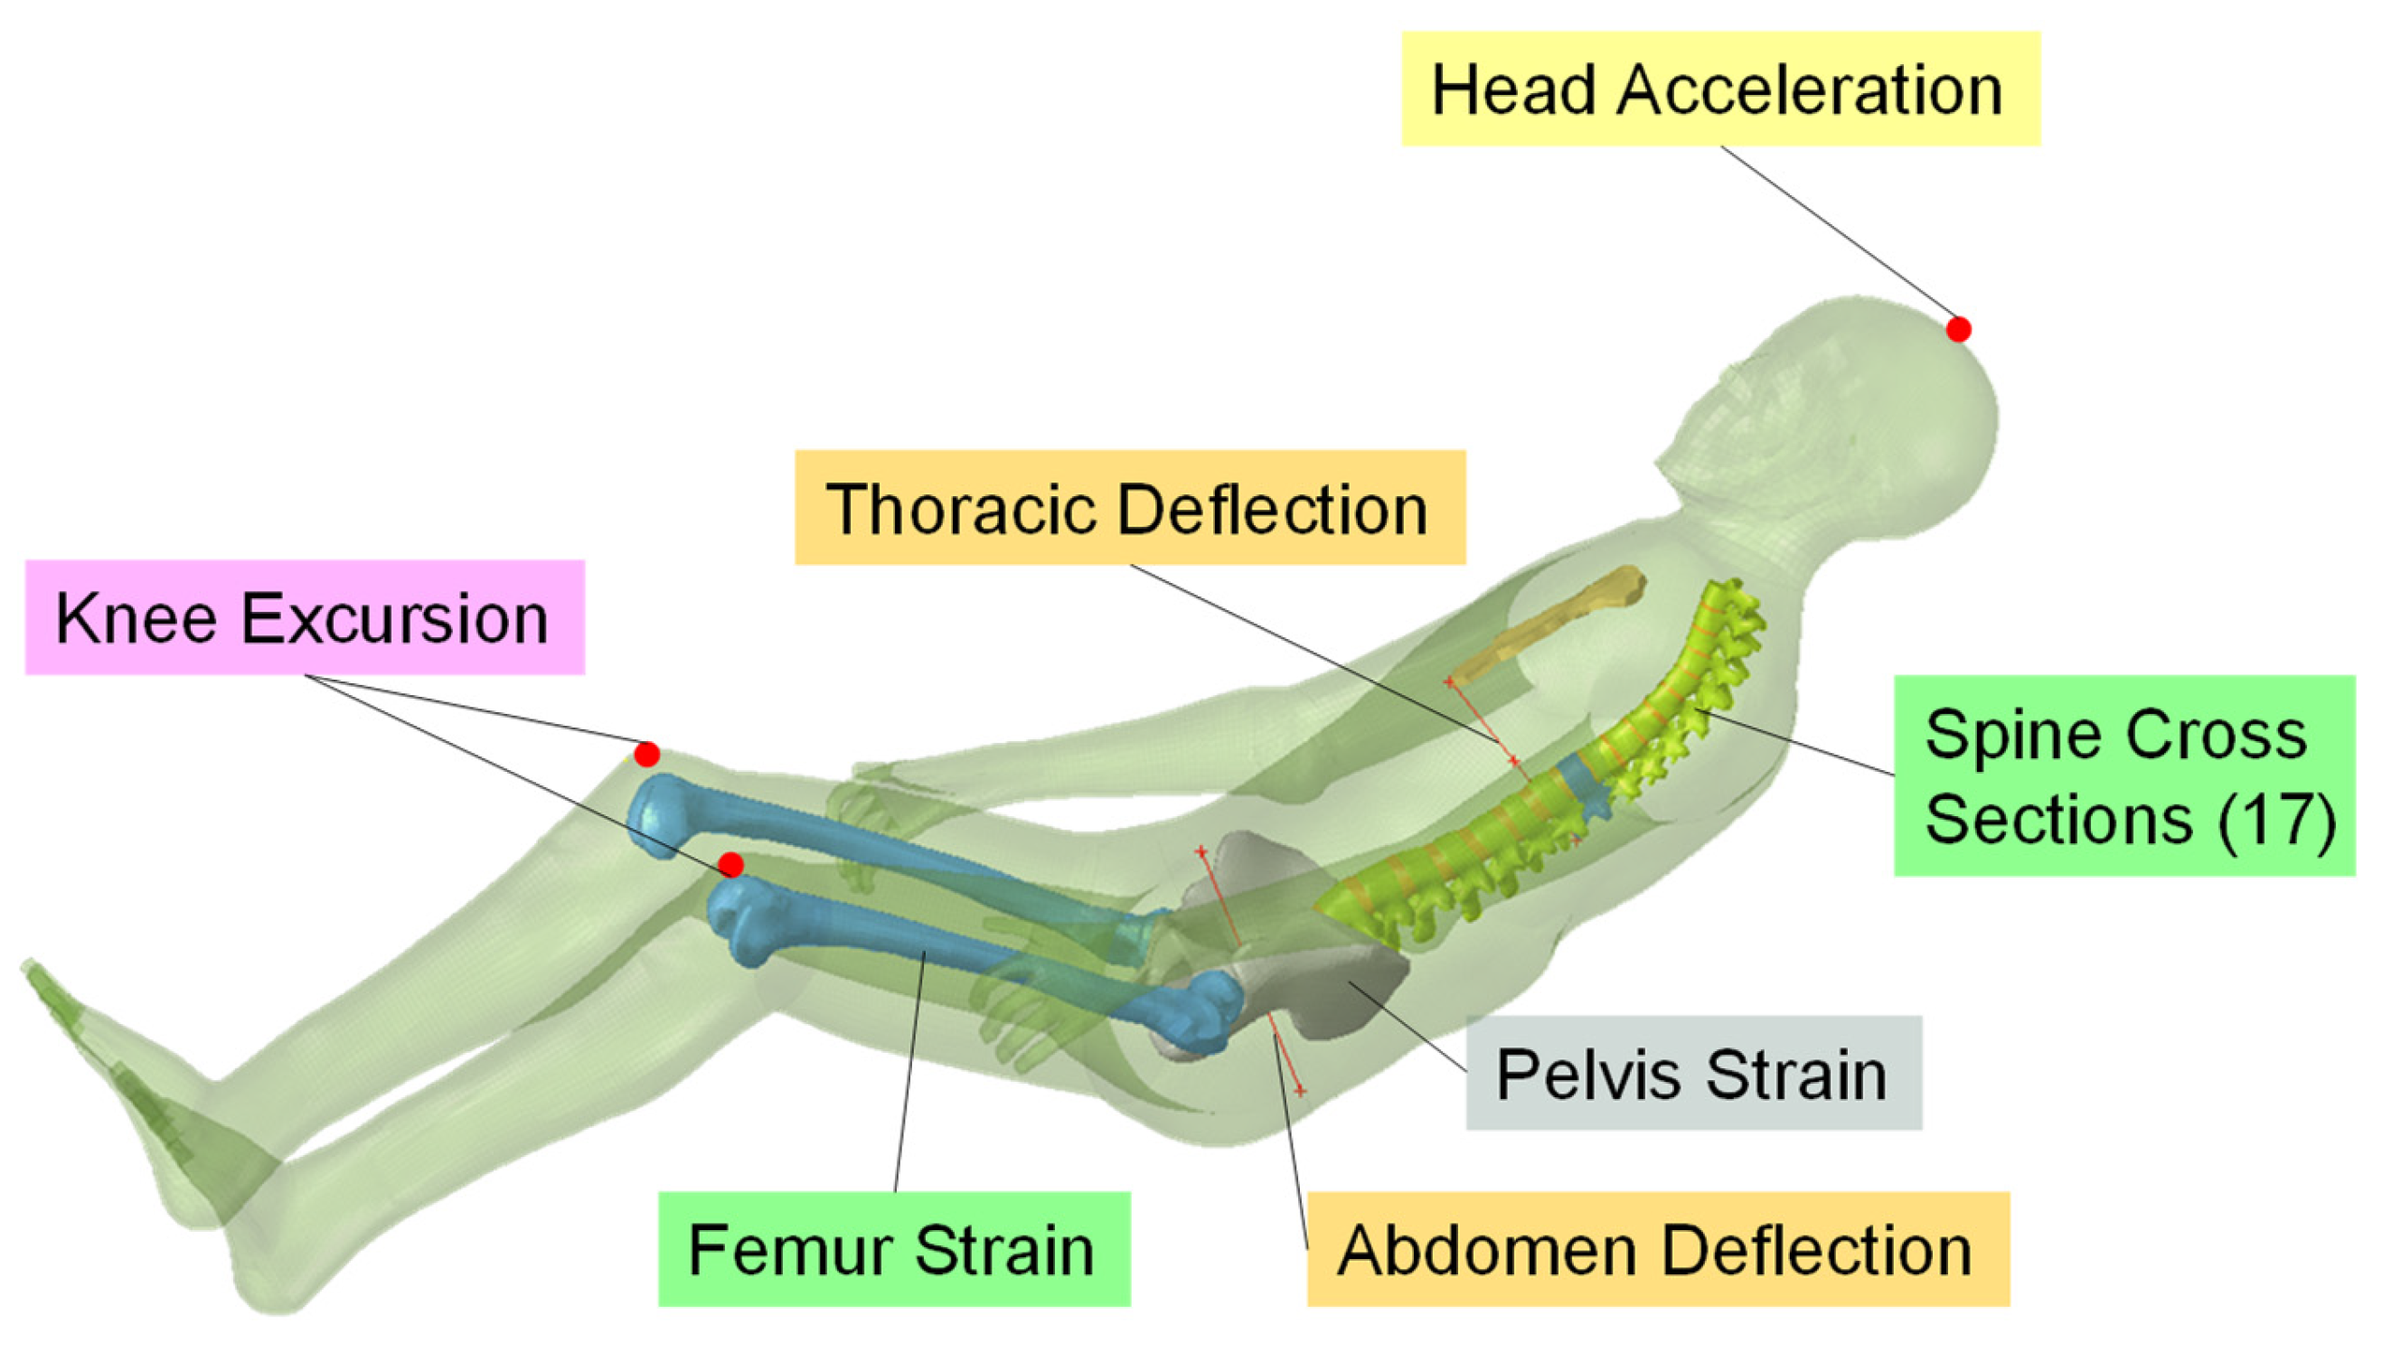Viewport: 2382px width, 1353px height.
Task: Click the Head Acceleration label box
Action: [1719, 89]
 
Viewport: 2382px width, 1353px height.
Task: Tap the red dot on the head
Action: [1958, 329]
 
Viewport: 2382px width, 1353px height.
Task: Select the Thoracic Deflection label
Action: [1129, 507]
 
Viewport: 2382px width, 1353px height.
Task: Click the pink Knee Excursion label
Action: [304, 617]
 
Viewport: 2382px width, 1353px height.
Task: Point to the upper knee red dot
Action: [647, 754]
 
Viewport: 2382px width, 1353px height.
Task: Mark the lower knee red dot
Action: [731, 865]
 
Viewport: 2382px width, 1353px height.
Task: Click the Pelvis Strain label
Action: [1692, 1074]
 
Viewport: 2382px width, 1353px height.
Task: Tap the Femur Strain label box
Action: [893, 1250]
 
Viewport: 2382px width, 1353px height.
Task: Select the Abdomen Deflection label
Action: [1657, 1250]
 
